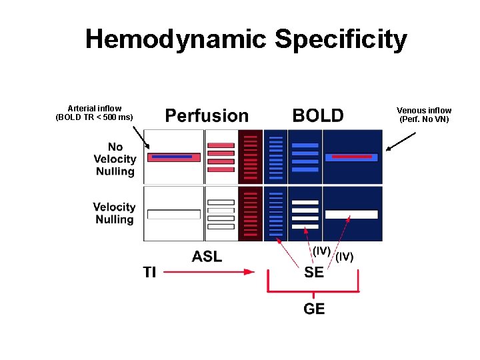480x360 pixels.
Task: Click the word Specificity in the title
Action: pyautogui.click(x=341, y=39)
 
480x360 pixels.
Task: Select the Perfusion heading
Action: pyautogui.click(x=207, y=116)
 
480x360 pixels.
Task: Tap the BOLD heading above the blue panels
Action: pyautogui.click(x=318, y=116)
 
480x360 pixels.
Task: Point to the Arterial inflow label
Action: pyautogui.click(x=95, y=109)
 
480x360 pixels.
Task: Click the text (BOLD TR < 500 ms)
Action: pyautogui.click(x=95, y=118)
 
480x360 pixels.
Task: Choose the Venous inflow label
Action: pyautogui.click(x=424, y=111)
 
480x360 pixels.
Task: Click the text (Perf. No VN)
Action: pyautogui.click(x=424, y=120)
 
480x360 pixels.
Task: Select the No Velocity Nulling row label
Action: pyautogui.click(x=115, y=159)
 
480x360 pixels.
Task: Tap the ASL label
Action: pyautogui.click(x=207, y=256)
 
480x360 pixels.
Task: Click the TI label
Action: pyautogui.click(x=150, y=272)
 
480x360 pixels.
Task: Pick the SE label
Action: pyautogui.click(x=314, y=272)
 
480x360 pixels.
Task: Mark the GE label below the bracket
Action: pyautogui.click(x=314, y=309)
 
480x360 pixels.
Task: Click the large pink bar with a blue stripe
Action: pyautogui.click(x=174, y=157)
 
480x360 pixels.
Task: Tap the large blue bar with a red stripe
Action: pyautogui.click(x=351, y=157)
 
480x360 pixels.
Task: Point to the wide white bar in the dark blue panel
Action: pyautogui.click(x=351, y=215)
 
